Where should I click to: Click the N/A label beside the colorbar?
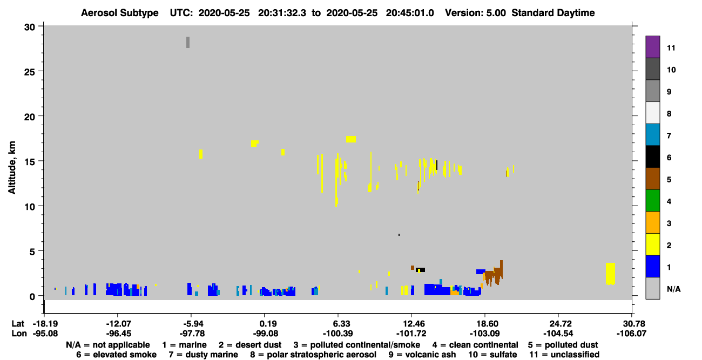pos(673,289)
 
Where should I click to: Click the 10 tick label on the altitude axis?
pos(30,207)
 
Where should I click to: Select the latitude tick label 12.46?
pos(412,324)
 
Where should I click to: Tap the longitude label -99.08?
pos(266,334)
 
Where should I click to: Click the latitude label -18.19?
pos(45,324)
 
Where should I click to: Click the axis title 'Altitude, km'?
pos(12,168)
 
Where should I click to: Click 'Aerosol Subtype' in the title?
pos(120,13)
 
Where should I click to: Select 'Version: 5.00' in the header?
pos(475,13)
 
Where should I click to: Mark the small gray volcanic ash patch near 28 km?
pos(188,42)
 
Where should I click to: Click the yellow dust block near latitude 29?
pos(610,274)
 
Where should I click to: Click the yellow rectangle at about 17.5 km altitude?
pos(351,139)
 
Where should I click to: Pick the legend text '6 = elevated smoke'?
pos(116,355)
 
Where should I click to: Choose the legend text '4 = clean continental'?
pos(475,345)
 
